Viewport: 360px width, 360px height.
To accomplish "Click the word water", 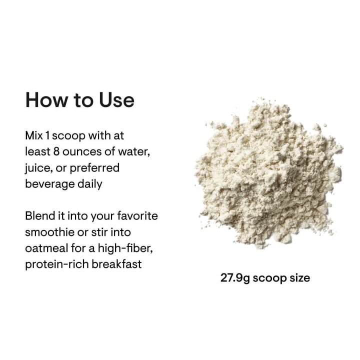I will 133,151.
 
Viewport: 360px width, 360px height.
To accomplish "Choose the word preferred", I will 94,167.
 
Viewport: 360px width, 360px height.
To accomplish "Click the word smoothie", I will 50,232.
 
